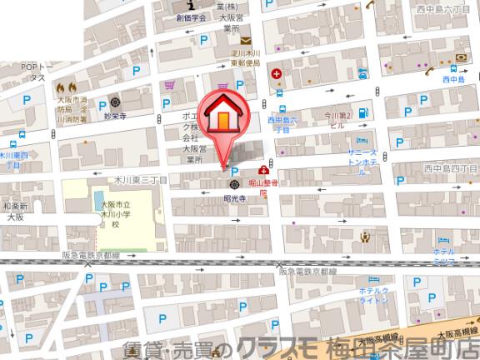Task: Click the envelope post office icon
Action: [246, 41]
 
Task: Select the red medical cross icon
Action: [276, 73]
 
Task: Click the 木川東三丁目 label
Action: [142, 178]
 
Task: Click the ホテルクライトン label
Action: [375, 296]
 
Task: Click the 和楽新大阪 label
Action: [15, 212]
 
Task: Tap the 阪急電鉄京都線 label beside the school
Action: [91, 257]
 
